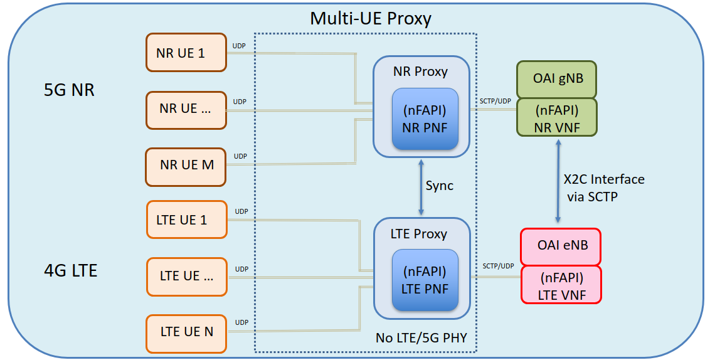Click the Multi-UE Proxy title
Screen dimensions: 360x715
370,18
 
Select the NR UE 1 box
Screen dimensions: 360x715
186,53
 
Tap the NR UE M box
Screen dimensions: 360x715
186,166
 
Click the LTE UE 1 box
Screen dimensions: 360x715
186,220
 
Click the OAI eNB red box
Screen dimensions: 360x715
561,246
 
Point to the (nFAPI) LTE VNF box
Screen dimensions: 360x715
561,285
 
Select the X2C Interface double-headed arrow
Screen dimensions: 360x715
558,182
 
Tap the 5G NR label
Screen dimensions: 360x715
69,90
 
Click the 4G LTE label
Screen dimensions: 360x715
70,270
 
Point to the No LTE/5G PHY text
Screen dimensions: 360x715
421,338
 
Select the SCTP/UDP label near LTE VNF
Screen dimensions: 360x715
498,266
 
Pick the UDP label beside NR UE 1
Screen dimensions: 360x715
239,45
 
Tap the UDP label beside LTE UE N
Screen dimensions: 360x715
241,322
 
